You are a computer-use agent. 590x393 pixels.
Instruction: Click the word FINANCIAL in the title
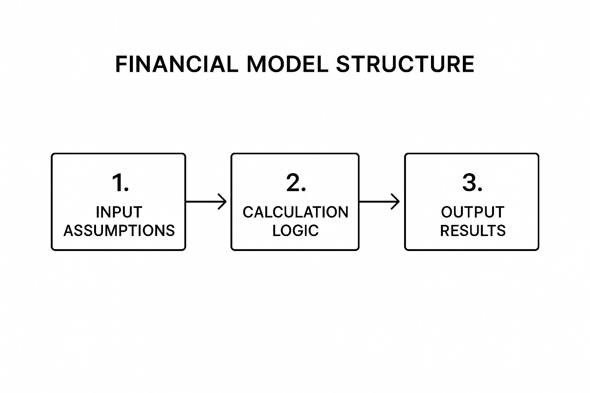pos(176,64)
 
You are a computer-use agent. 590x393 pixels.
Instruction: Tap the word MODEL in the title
pos(287,64)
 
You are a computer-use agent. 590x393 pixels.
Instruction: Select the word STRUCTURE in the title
pos(405,64)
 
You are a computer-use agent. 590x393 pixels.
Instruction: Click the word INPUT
pos(119,212)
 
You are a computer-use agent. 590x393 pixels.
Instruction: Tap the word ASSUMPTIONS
pos(119,230)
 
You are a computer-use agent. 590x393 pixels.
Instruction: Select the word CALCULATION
pos(295,212)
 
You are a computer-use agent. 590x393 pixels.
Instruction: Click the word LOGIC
pos(295,230)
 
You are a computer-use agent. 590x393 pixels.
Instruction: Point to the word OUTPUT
pos(472,212)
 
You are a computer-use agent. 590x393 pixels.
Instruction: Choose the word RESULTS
pos(472,230)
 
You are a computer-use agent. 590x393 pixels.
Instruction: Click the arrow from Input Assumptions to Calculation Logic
pos(206,201)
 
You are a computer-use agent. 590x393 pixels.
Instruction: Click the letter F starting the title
pos(121,64)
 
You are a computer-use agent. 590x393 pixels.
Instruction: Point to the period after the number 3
pos(480,190)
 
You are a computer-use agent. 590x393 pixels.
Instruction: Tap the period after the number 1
pos(127,190)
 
